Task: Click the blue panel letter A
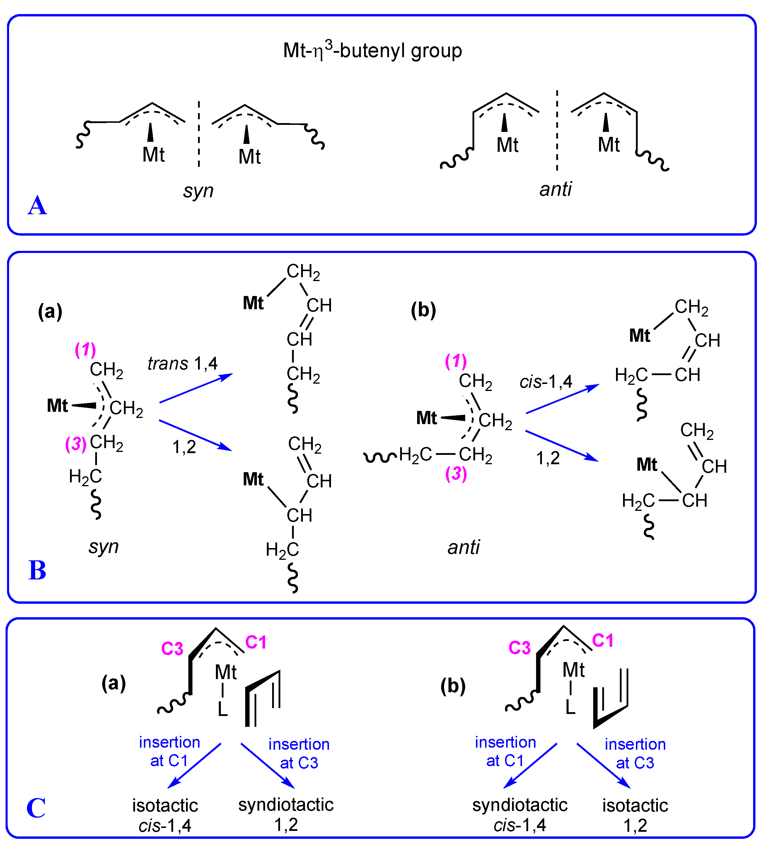[37, 206]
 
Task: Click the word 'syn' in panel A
[198, 191]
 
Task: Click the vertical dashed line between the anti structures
[557, 130]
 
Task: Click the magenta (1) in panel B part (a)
[85, 350]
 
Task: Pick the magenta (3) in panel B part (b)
[456, 474]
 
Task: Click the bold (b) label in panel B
[423, 310]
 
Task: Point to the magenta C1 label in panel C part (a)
[256, 642]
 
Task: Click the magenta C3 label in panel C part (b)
[519, 648]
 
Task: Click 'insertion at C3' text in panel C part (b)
[635, 753]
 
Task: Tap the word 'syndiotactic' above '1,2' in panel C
[286, 805]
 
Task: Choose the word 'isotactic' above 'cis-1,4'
[165, 805]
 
